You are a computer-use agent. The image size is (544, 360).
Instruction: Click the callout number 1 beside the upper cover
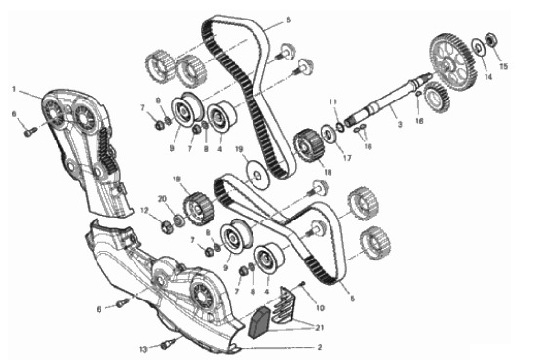point(14,90)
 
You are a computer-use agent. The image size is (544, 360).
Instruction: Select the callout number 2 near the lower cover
point(320,347)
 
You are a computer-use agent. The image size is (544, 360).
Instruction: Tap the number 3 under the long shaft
point(400,124)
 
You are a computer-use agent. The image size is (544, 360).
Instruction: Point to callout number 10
point(320,308)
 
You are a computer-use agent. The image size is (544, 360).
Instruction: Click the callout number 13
point(143,349)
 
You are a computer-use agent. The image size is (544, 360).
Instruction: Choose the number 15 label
point(503,66)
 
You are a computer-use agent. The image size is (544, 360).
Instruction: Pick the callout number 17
point(347,158)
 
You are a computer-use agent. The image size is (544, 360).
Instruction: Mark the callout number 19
point(239,149)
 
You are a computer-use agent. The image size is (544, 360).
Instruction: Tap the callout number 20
point(162,199)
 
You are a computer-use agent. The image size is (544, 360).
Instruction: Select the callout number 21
point(319,327)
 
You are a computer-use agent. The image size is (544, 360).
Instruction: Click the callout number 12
point(144,211)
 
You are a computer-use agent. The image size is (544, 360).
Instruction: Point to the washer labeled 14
point(478,46)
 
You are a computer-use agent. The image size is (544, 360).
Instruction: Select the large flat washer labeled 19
point(256,175)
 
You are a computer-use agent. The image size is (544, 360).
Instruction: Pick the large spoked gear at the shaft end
point(453,61)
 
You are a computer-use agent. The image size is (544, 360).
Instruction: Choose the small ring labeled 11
point(340,128)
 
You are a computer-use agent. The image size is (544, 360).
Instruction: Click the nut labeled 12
point(166,228)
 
